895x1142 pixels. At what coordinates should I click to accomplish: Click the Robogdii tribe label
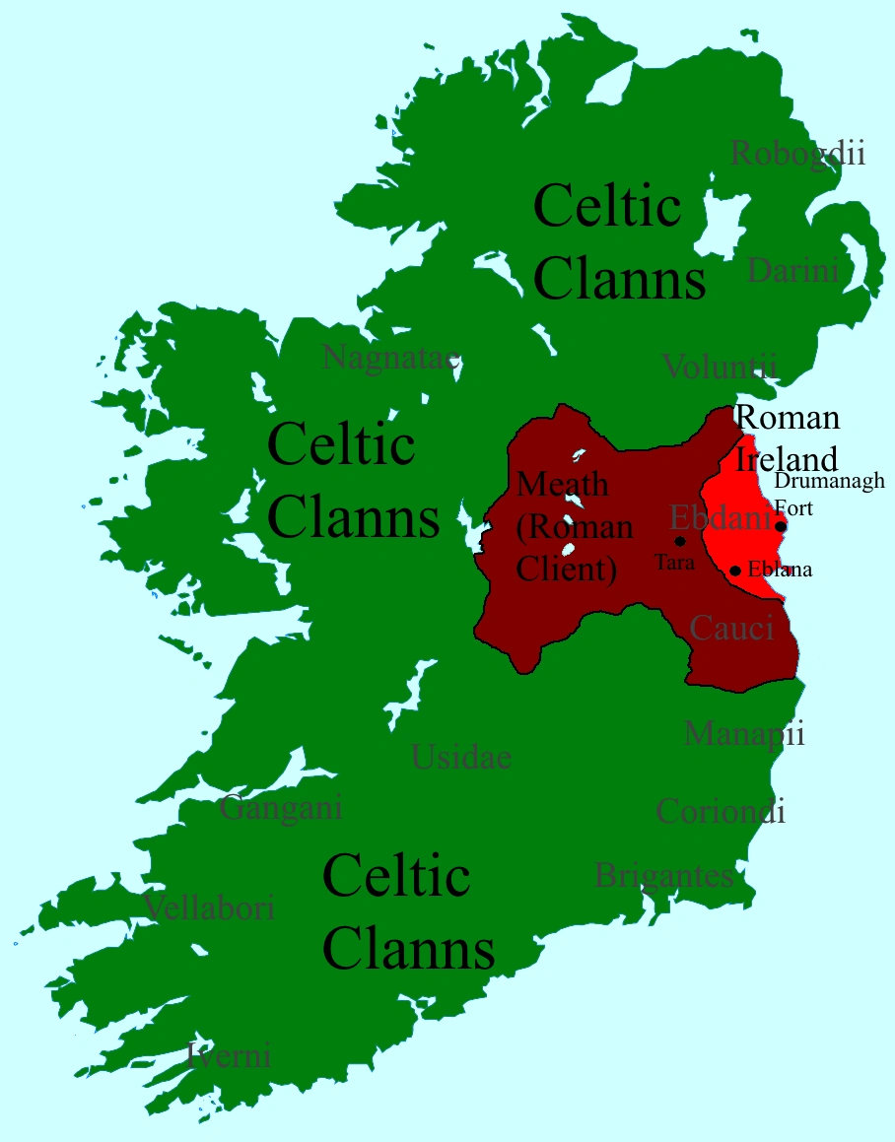pos(797,154)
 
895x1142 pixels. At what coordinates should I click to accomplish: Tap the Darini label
pos(792,269)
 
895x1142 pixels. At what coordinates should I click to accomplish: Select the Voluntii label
pos(720,367)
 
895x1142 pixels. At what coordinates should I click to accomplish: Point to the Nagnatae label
pos(391,358)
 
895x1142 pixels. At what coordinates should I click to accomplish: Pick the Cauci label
pos(731,628)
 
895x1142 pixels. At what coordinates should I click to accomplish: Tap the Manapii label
pos(744,734)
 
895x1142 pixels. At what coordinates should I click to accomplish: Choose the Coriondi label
pos(721,811)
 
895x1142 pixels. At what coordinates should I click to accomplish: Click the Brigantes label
pos(664,875)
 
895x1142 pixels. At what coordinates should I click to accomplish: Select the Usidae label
pos(461,757)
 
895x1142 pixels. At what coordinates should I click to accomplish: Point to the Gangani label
pos(281,808)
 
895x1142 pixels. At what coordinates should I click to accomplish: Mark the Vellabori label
pos(209,907)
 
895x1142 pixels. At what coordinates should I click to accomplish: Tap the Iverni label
pos(229,1056)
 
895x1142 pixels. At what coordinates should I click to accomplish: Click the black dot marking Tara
pos(679,541)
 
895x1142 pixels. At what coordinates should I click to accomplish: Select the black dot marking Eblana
pos(735,571)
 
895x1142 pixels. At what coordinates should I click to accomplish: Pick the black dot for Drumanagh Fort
pos(781,526)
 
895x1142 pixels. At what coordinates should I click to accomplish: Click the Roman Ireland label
pos(788,437)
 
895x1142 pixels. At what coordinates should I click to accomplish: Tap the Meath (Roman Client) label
pos(576,527)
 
